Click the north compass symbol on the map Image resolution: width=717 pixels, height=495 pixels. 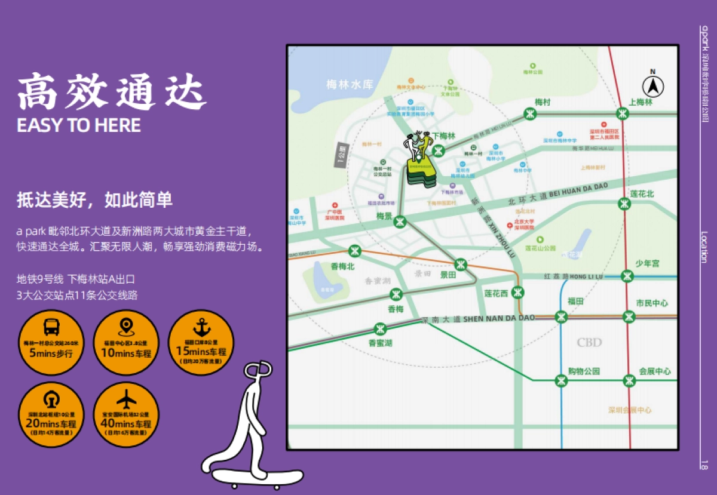653,87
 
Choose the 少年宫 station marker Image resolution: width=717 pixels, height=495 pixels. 627,276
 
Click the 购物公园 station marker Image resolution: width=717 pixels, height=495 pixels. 561,380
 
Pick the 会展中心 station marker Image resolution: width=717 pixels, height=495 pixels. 629,380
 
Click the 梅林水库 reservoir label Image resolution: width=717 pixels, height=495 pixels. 350,85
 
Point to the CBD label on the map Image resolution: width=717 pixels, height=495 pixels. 589,343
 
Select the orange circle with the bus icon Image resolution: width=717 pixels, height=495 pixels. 51,343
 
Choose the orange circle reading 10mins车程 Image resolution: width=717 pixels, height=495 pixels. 127,343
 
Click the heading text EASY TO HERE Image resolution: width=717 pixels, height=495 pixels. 79,125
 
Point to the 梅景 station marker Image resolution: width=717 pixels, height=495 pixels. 400,222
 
